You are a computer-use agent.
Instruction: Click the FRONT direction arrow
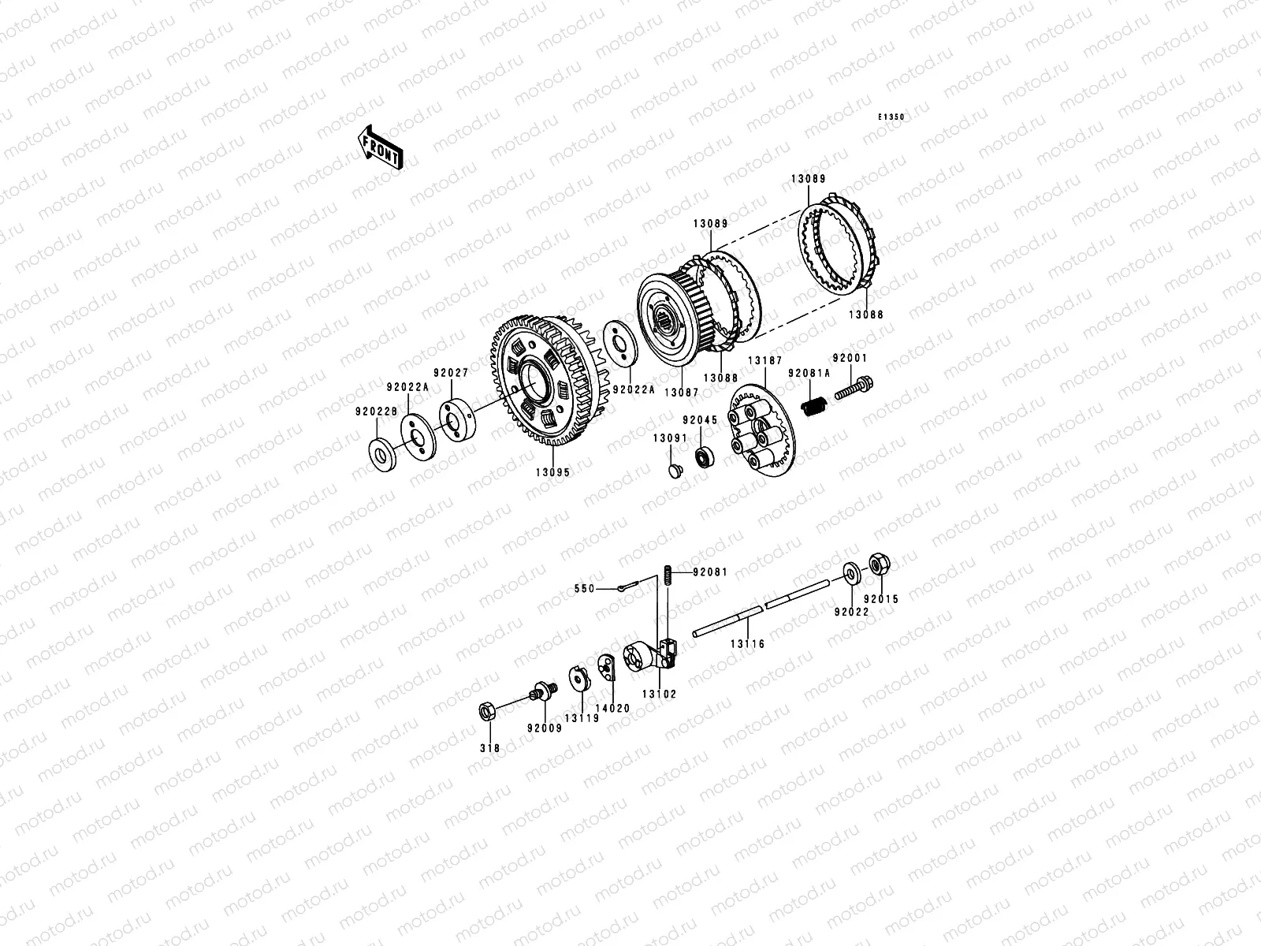click(x=380, y=147)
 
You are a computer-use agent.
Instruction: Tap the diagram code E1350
click(x=891, y=117)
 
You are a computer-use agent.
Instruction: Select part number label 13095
click(x=552, y=473)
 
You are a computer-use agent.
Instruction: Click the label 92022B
click(x=376, y=412)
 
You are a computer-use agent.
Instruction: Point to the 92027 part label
click(x=451, y=373)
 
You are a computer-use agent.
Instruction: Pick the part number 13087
click(x=682, y=393)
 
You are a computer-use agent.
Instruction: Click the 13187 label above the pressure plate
click(x=765, y=361)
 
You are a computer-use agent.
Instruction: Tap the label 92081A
click(x=809, y=374)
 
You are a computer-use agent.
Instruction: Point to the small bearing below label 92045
click(x=702, y=457)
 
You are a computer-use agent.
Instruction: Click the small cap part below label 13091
click(x=675, y=471)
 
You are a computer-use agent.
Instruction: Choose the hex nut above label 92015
click(x=880, y=564)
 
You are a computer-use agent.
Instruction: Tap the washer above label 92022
click(x=852, y=574)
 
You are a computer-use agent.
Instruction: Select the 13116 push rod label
click(x=747, y=644)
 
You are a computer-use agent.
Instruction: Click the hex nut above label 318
click(x=487, y=712)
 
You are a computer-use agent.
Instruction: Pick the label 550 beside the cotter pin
click(x=584, y=589)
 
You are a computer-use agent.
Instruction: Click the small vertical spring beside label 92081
click(x=668, y=575)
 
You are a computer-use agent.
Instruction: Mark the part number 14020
click(x=612, y=709)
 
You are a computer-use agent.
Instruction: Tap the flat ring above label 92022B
click(x=382, y=455)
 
